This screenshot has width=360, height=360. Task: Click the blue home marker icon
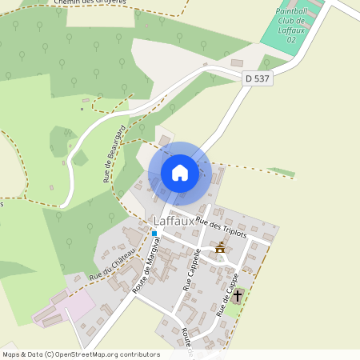180,173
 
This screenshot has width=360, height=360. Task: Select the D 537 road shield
256,77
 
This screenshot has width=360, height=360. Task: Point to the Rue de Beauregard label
114,154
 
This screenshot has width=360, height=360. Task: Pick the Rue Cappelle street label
193,269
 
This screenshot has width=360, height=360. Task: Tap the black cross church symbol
237,295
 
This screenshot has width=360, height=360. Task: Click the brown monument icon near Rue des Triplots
220,247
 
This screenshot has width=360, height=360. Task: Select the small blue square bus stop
154,234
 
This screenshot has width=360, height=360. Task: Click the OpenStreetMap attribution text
81,354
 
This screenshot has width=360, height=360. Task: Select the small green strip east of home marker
281,171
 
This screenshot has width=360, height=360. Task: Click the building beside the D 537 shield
238,62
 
